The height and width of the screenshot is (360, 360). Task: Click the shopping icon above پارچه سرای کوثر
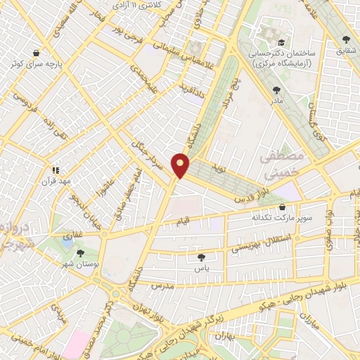tap(35, 52)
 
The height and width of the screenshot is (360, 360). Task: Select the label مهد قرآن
tap(57, 181)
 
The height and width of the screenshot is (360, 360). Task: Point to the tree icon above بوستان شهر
tap(79, 252)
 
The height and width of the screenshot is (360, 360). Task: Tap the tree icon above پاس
tap(202, 257)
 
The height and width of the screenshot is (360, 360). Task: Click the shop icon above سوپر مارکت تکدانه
tap(282, 208)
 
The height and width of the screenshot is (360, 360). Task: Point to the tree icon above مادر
tap(276, 89)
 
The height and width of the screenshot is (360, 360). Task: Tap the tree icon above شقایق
tap(345, 40)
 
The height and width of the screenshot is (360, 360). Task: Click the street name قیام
tap(181, 223)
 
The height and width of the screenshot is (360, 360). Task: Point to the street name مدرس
tap(162, 286)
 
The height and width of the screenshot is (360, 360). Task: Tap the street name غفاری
tap(73, 231)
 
